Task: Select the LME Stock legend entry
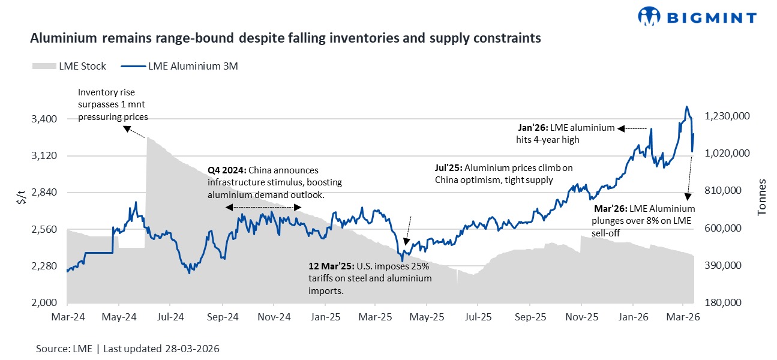tap(68, 66)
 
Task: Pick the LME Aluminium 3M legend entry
tap(179, 66)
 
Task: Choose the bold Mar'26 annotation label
tap(610, 209)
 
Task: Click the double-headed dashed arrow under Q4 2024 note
tap(263, 207)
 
